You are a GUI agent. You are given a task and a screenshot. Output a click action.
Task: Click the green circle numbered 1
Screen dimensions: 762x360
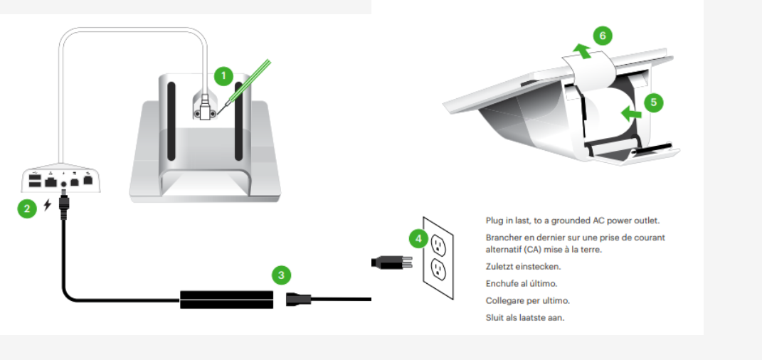pyautogui.click(x=223, y=76)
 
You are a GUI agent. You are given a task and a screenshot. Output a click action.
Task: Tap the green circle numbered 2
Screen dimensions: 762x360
pyautogui.click(x=27, y=209)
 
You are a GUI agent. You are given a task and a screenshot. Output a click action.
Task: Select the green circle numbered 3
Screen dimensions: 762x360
pyautogui.click(x=281, y=275)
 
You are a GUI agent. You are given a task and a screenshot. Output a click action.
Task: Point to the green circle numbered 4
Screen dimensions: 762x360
pyautogui.click(x=418, y=238)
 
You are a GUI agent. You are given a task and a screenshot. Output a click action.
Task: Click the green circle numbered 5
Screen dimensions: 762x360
pyautogui.click(x=654, y=102)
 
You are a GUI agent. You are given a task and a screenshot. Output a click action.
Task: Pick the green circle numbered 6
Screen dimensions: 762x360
pyautogui.click(x=603, y=36)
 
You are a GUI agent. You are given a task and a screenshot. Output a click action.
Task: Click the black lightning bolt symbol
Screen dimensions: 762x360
pyautogui.click(x=47, y=205)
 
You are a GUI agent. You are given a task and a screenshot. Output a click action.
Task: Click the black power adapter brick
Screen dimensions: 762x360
pyautogui.click(x=226, y=300)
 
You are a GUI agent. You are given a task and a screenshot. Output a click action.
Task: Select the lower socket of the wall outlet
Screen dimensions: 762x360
pyautogui.click(x=438, y=270)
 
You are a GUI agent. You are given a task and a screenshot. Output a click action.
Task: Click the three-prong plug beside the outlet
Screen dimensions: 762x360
pyautogui.click(x=392, y=263)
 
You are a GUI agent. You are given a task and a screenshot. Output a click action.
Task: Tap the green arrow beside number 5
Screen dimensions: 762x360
pyautogui.click(x=631, y=114)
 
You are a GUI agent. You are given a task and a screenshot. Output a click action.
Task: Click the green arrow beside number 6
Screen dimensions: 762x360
pyautogui.click(x=582, y=51)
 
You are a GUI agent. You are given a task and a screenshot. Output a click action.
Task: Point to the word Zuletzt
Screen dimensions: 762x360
pyautogui.click(x=499, y=267)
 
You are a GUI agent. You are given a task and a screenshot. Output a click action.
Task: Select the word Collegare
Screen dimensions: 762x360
pyautogui.click(x=504, y=301)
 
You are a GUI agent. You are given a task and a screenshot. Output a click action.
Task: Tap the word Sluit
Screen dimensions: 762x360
pyautogui.click(x=494, y=318)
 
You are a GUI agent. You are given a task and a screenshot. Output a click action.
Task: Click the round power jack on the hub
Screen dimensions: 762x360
pyautogui.click(x=63, y=184)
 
